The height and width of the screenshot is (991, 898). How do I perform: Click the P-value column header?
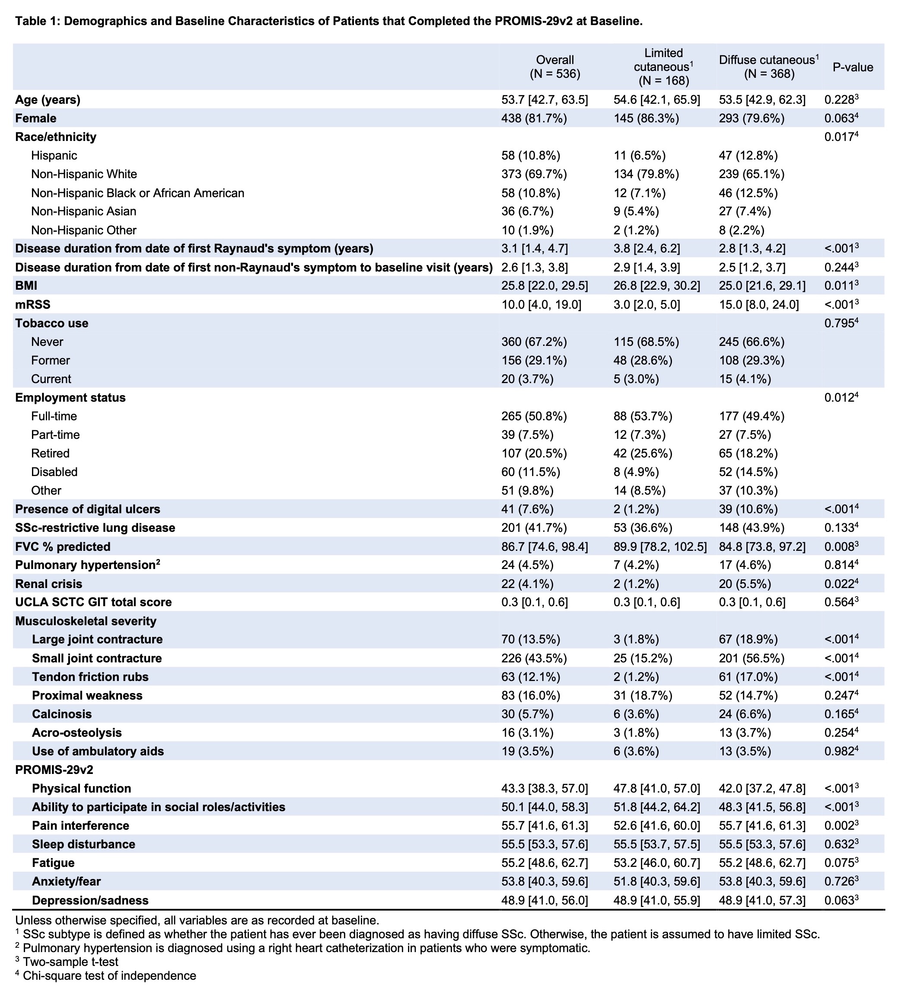[x=853, y=67]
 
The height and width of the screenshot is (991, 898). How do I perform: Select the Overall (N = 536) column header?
[x=554, y=67]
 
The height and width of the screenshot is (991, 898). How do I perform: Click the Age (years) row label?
[x=48, y=100]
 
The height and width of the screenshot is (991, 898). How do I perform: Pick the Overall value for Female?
[x=534, y=118]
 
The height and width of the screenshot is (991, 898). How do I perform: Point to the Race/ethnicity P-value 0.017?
[x=841, y=137]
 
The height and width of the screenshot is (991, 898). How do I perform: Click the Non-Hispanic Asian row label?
[x=83, y=211]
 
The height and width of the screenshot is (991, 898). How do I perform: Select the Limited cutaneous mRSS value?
[x=646, y=305]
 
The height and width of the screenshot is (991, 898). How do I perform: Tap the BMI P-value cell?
[x=841, y=286]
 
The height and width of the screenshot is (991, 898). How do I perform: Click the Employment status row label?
[x=70, y=398]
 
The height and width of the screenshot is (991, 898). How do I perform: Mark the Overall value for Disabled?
[x=531, y=472]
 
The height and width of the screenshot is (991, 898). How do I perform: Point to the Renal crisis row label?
[x=49, y=584]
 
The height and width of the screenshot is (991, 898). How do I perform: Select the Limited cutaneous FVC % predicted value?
[x=660, y=547]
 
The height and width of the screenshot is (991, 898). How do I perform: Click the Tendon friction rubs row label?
[x=90, y=677]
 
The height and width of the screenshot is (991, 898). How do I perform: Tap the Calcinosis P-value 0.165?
[x=841, y=714]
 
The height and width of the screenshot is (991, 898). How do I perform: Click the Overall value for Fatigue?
[x=545, y=863]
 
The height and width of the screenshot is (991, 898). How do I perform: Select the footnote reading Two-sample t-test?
[x=70, y=962]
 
